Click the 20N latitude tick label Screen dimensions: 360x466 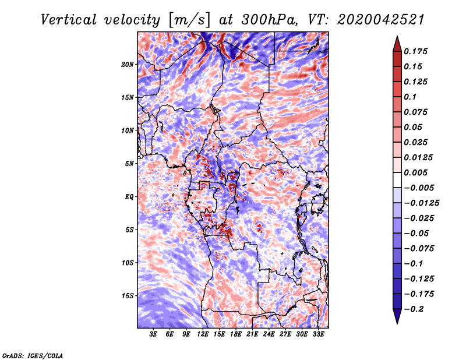[128, 64]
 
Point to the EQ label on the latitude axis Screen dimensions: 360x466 [129, 197]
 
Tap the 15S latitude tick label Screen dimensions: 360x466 [128, 296]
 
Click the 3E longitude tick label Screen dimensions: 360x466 [154, 335]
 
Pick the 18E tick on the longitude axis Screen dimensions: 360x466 [236, 335]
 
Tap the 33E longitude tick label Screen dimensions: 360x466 [318, 335]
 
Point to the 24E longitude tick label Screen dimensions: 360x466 [269, 335]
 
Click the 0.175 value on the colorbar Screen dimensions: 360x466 [417, 51]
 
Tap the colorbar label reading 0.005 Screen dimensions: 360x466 [417, 172]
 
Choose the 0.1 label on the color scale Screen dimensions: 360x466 [412, 97]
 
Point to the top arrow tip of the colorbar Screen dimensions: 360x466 [397, 38]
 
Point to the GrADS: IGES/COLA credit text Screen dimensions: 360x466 [33, 354]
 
